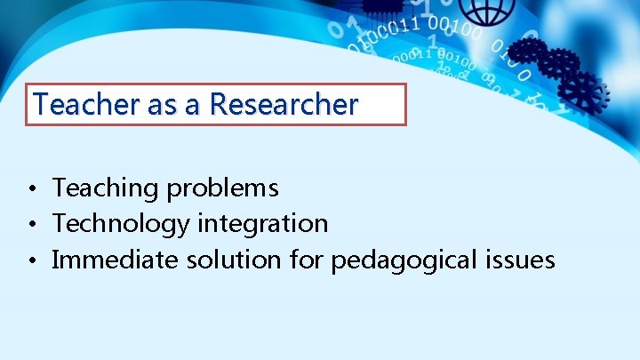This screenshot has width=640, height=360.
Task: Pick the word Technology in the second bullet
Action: click(x=121, y=224)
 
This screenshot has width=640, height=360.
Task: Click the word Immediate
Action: click(x=116, y=260)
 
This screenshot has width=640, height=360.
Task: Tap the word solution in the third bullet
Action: click(x=232, y=260)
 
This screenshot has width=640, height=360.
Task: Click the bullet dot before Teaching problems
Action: click(x=30, y=189)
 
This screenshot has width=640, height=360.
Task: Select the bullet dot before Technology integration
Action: click(x=30, y=225)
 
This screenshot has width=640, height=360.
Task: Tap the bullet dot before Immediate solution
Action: click(x=30, y=261)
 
